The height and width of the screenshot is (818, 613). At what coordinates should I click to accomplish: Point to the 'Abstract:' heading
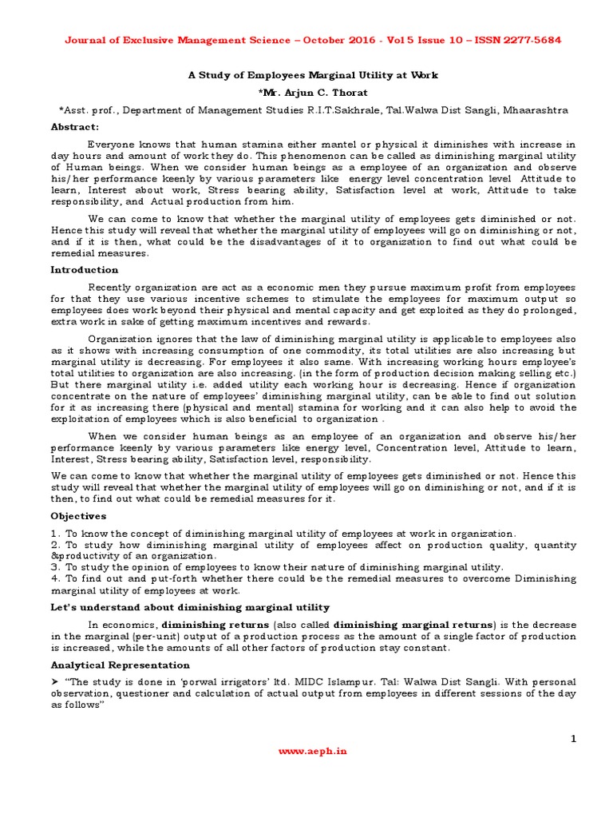(75, 127)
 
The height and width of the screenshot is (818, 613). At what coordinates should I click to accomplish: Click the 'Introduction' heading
(84, 270)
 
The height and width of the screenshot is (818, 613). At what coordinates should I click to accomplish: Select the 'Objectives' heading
(78, 516)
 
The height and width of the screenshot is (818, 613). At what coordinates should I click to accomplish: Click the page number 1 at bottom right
(572, 739)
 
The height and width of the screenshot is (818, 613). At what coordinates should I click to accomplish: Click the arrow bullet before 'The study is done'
(55, 682)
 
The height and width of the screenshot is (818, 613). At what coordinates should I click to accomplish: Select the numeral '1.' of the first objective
(55, 534)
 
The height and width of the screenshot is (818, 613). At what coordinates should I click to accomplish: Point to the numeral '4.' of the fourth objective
(55, 578)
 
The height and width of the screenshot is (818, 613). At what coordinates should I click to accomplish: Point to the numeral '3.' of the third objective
(55, 567)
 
